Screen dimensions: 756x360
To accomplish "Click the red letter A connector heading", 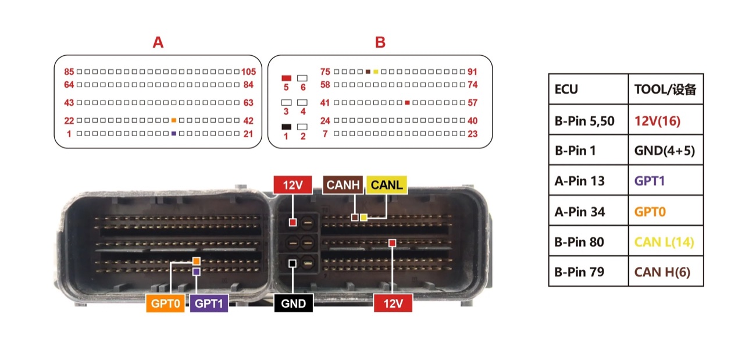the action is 158,42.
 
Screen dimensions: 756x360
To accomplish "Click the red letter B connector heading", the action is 380,42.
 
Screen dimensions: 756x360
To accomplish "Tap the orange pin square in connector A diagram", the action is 174,120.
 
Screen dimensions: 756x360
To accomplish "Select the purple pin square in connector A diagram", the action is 174,134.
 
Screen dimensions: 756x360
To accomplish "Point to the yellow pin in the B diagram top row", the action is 376,72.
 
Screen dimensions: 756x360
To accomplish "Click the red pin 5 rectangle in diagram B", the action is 286,79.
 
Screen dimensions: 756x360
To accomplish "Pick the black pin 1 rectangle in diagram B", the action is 286,127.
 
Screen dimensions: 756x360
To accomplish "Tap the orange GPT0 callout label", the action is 165,304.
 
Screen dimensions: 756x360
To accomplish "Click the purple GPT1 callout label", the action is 209,304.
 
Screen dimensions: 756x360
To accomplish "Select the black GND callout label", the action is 293,304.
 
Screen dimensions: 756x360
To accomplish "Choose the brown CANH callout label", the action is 343,185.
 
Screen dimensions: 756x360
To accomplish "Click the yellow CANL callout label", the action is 387,185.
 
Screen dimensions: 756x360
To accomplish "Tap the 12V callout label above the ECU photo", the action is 293,185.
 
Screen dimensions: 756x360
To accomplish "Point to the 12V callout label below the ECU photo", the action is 393,304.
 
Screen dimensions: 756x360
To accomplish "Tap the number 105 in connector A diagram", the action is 248,72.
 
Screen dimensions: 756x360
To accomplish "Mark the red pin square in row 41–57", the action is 407,102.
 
